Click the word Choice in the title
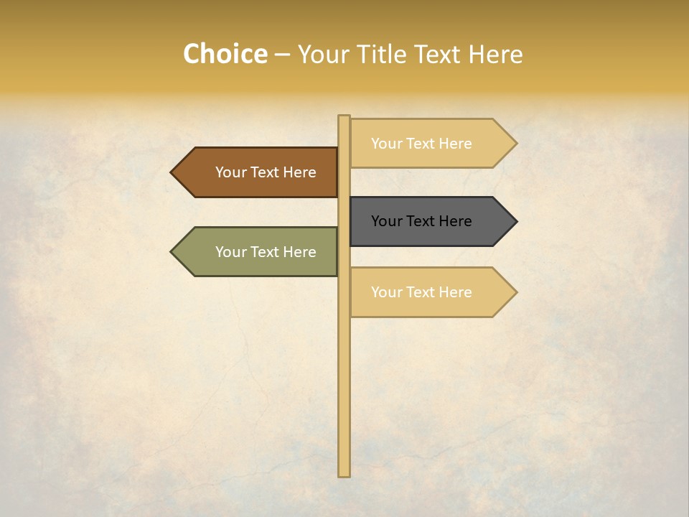click(225, 55)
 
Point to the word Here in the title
click(495, 55)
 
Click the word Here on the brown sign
click(299, 172)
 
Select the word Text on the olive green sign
click(265, 252)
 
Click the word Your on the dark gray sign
click(387, 221)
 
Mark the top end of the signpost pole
click(344, 117)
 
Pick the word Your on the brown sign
click(231, 172)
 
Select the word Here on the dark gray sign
click(454, 221)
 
